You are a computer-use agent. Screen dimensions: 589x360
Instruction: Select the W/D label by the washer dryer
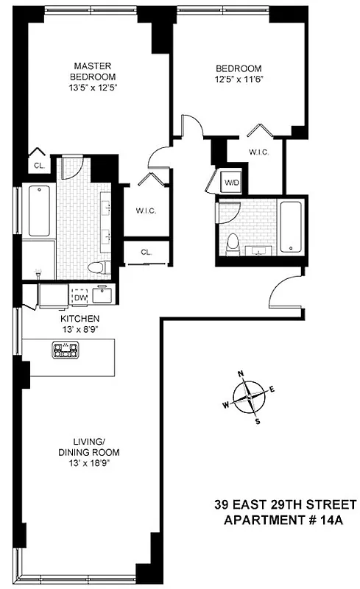pos(231,182)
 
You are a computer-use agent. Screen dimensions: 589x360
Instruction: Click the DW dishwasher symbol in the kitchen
pos(80,297)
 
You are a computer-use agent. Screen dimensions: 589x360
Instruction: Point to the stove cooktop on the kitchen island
pos(64,349)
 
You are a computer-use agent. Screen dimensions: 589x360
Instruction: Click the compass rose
pos(250,397)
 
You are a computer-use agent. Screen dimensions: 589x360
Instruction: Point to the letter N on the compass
pos(241,374)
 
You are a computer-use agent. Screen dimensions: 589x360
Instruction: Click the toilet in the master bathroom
pos(93,267)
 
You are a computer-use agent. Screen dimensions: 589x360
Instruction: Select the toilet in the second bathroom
pos(233,242)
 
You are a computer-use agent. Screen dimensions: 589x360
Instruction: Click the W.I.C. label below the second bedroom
pos(258,152)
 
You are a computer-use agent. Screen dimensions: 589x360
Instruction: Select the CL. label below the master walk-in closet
pos(146,253)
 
